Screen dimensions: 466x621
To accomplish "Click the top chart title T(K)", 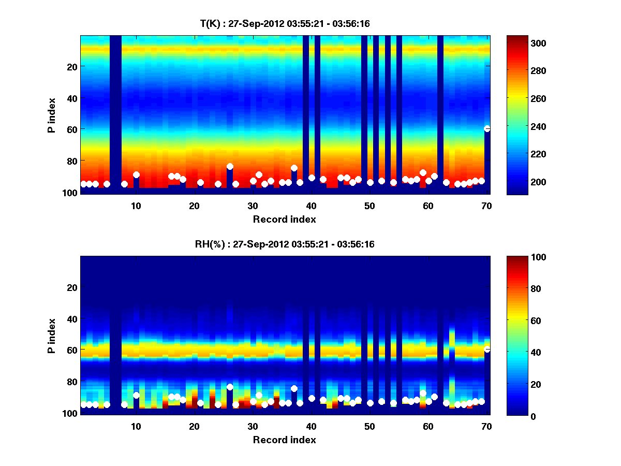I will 285,24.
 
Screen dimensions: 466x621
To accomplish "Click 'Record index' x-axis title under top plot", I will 285,220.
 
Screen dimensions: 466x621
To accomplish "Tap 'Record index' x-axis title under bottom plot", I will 285,440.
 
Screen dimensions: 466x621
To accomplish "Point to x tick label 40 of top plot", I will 311,206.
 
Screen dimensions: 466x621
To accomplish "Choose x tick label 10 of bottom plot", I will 136,426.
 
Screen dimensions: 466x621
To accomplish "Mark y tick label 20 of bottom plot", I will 72,287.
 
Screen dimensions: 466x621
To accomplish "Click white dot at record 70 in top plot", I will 487,128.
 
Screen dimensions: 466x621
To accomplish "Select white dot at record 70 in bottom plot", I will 487,349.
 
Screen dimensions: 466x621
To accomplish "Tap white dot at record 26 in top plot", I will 230,166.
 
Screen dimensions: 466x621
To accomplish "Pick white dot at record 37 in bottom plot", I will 294,388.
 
